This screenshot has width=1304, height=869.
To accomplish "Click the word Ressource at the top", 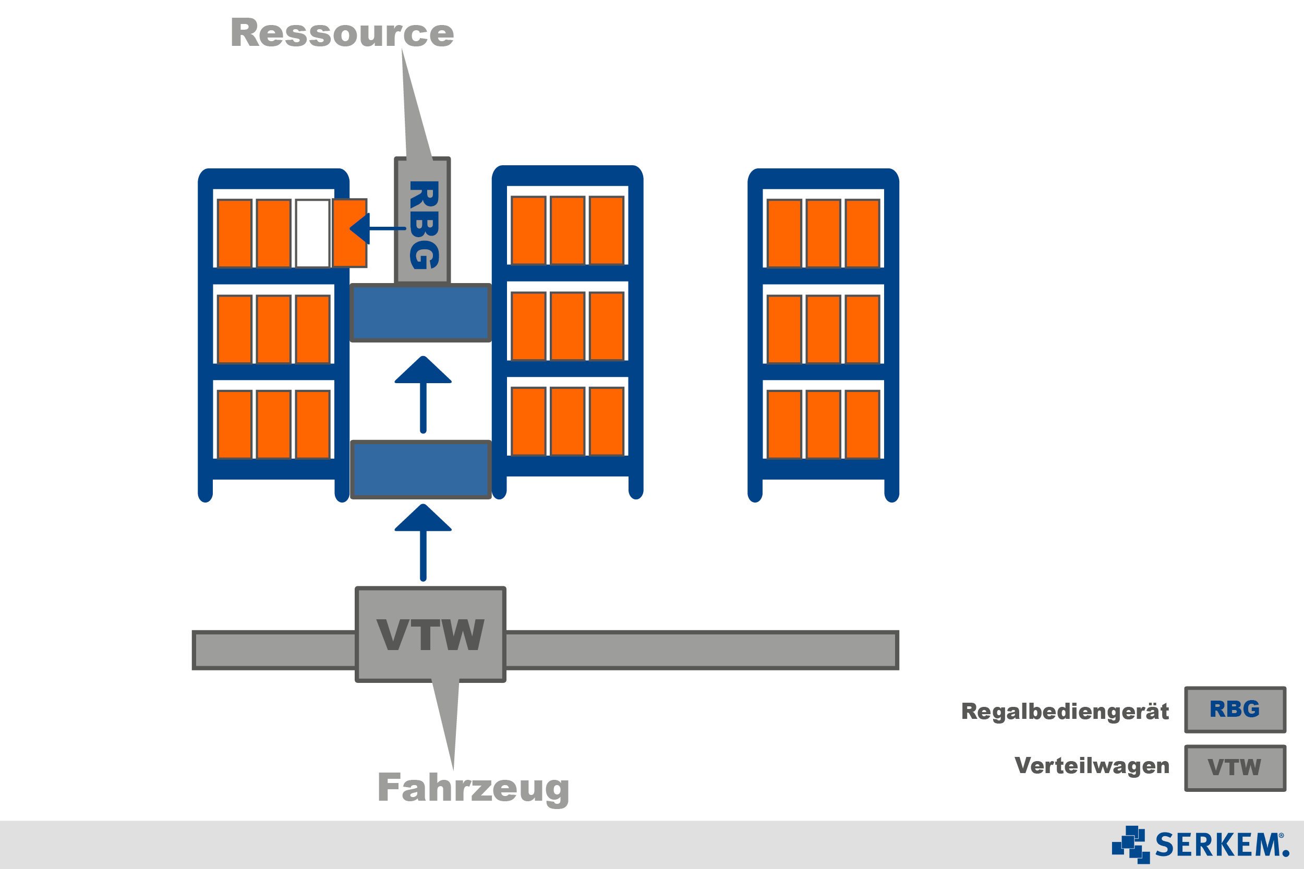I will (342, 33).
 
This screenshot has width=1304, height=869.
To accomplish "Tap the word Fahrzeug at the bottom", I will (473, 788).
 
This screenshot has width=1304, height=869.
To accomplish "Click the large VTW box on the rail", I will (430, 634).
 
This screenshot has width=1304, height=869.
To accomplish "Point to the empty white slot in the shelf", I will (312, 234).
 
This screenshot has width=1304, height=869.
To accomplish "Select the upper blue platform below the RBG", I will (421, 313).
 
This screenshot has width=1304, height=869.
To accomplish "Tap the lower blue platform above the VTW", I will (421, 469).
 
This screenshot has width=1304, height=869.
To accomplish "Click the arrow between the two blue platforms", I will (423, 394).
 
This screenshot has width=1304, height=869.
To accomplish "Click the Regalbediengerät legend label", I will (1065, 711).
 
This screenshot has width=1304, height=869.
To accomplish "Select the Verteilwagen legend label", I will (1092, 765).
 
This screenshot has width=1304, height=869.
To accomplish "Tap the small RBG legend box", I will (1235, 709).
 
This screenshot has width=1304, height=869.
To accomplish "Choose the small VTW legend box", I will (1235, 767).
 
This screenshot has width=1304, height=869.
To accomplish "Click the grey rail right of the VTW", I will (701, 650).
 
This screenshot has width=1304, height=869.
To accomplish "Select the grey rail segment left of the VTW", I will (274, 650).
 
